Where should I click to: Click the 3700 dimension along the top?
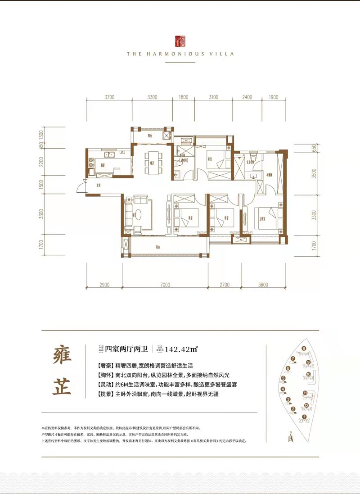coord(110,97)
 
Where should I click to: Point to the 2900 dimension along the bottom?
coord(104,285)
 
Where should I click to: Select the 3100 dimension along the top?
coord(213,97)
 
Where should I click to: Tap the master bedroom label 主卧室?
coord(262,220)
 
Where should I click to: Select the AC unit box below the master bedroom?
coord(241,240)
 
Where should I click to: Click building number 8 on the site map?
coord(304,349)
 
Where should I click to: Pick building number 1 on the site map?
coord(304,417)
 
